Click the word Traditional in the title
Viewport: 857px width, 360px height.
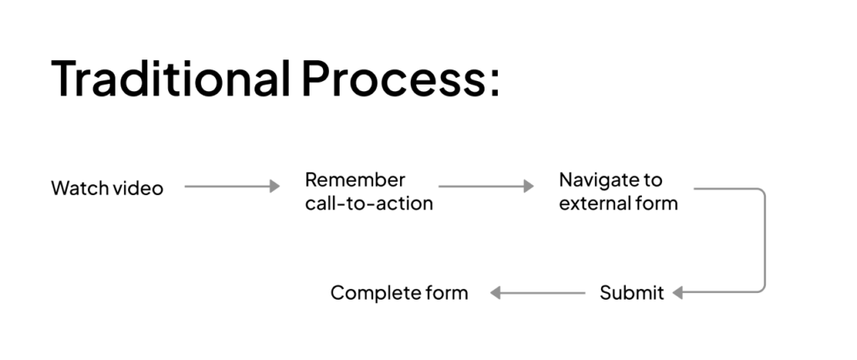[x=170, y=80]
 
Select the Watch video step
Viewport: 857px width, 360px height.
[x=107, y=188]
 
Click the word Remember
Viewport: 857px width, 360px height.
[x=355, y=180]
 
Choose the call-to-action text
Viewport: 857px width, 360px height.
[x=369, y=203]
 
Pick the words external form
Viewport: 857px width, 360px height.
[x=618, y=203]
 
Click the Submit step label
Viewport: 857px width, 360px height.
[x=632, y=293]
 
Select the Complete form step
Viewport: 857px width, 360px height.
[x=399, y=293]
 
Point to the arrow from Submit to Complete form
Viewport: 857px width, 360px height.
[x=537, y=293]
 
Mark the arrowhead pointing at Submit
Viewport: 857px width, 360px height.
[x=677, y=293]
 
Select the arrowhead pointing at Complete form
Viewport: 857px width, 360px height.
[x=495, y=293]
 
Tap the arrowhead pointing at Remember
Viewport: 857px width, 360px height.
[x=275, y=187]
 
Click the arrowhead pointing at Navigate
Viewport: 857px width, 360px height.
[x=529, y=187]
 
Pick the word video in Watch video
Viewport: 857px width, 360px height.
[x=137, y=188]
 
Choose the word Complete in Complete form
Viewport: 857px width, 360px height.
[x=374, y=293]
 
